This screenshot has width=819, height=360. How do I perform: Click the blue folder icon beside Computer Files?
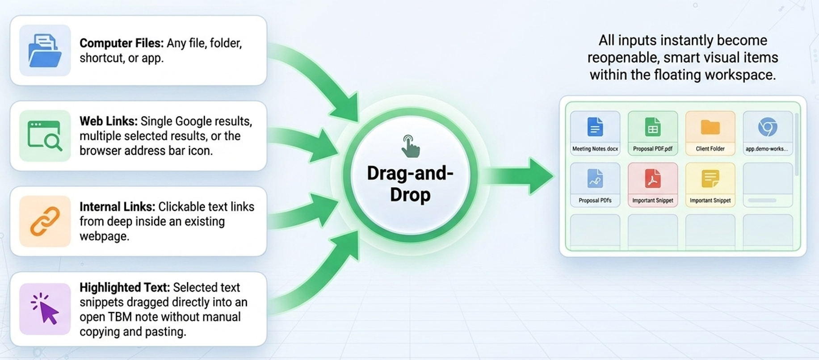[x=45, y=50]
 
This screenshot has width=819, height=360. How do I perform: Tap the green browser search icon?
[x=45, y=135]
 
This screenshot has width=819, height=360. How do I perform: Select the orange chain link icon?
[x=45, y=221]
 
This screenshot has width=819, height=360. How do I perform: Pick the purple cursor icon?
[x=45, y=308]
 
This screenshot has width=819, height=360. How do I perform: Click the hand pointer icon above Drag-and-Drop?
[x=410, y=146]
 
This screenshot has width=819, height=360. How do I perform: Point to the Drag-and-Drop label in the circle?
[x=410, y=184]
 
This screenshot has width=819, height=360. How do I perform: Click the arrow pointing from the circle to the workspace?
[x=518, y=176]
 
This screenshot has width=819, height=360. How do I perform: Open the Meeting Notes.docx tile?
[x=595, y=133]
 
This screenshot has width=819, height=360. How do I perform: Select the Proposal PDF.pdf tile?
[x=653, y=133]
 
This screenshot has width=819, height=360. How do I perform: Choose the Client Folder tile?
[x=710, y=133]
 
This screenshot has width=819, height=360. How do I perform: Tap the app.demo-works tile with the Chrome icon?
[x=768, y=133]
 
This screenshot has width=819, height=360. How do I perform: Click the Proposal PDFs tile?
[x=595, y=185]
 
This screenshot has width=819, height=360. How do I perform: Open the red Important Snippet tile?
[x=653, y=185]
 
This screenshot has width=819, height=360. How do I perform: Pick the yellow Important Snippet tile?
[x=710, y=185]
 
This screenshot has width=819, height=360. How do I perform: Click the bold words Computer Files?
[x=122, y=43]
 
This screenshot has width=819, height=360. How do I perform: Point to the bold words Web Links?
[x=109, y=121]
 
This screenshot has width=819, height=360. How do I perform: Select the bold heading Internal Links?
[x=118, y=207]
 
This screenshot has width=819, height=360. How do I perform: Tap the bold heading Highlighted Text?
[x=125, y=288]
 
